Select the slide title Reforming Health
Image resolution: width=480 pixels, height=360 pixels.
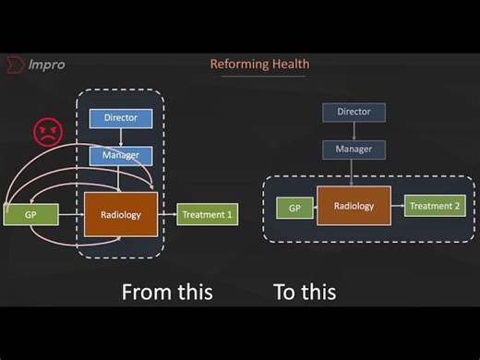259,64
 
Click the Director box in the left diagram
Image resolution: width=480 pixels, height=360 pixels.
120,119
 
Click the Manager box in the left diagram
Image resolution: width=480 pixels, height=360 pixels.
120,156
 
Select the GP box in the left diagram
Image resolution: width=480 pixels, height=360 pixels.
31,215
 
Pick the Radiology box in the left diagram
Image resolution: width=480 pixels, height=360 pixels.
120,215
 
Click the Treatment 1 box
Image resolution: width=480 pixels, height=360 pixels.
207,215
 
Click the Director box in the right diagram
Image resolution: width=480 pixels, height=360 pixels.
354,112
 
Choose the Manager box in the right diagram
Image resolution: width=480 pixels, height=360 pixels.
354,148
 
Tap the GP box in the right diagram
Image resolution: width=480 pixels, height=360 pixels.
294,208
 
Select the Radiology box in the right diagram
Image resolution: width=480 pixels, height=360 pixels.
354,206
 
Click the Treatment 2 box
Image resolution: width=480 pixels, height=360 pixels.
434,206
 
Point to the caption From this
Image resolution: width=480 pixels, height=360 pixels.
167,293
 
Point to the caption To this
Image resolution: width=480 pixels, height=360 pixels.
304,293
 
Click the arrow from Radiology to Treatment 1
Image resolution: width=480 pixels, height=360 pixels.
166,215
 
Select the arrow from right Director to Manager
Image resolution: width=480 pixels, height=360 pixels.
354,130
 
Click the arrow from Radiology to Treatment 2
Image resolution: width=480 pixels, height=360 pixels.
398,206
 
